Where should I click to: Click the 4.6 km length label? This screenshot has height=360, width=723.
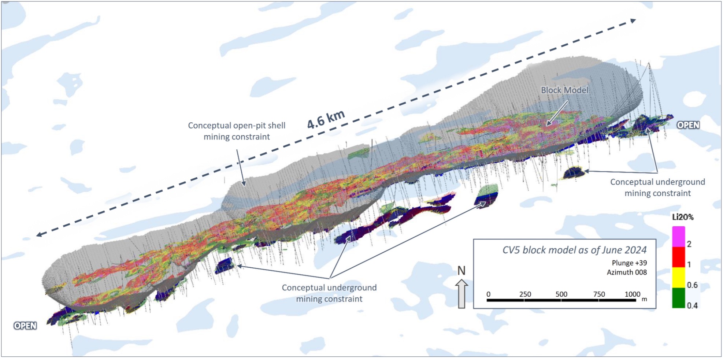pyautogui.click(x=326, y=119)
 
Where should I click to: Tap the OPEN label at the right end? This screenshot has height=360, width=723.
pyautogui.click(x=688, y=125)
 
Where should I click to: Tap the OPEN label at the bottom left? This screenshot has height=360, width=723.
pyautogui.click(x=25, y=326)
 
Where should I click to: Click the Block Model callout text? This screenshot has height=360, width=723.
pyautogui.click(x=564, y=90)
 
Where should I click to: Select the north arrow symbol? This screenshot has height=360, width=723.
pyautogui.click(x=461, y=294)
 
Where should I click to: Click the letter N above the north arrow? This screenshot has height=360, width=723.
pyautogui.click(x=461, y=271)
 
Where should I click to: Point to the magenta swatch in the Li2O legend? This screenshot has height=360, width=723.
pyautogui.click(x=678, y=237)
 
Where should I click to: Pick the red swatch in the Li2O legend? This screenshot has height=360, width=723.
pyautogui.click(x=678, y=257)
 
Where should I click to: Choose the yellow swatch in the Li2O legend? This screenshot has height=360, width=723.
pyautogui.click(x=678, y=278)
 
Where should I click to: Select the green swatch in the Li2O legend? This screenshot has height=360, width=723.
pyautogui.click(x=678, y=298)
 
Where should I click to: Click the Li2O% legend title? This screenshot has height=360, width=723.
pyautogui.click(x=683, y=217)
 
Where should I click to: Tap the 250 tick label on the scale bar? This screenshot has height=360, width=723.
pyautogui.click(x=525, y=294)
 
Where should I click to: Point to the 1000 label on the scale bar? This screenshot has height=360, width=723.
pyautogui.click(x=633, y=294)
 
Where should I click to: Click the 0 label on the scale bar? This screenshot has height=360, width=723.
pyautogui.click(x=488, y=294)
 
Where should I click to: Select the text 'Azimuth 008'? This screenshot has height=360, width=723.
pyautogui.click(x=627, y=272)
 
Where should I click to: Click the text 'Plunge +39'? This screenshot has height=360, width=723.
pyautogui.click(x=629, y=263)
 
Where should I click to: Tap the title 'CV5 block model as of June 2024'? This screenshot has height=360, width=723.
pyautogui.click(x=574, y=250)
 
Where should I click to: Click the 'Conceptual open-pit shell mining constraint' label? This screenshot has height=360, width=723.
pyautogui.click(x=237, y=131)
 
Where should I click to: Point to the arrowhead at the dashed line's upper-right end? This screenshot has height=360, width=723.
pyautogui.click(x=633, y=21)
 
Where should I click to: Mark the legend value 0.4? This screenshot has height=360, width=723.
pyautogui.click(x=692, y=305)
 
